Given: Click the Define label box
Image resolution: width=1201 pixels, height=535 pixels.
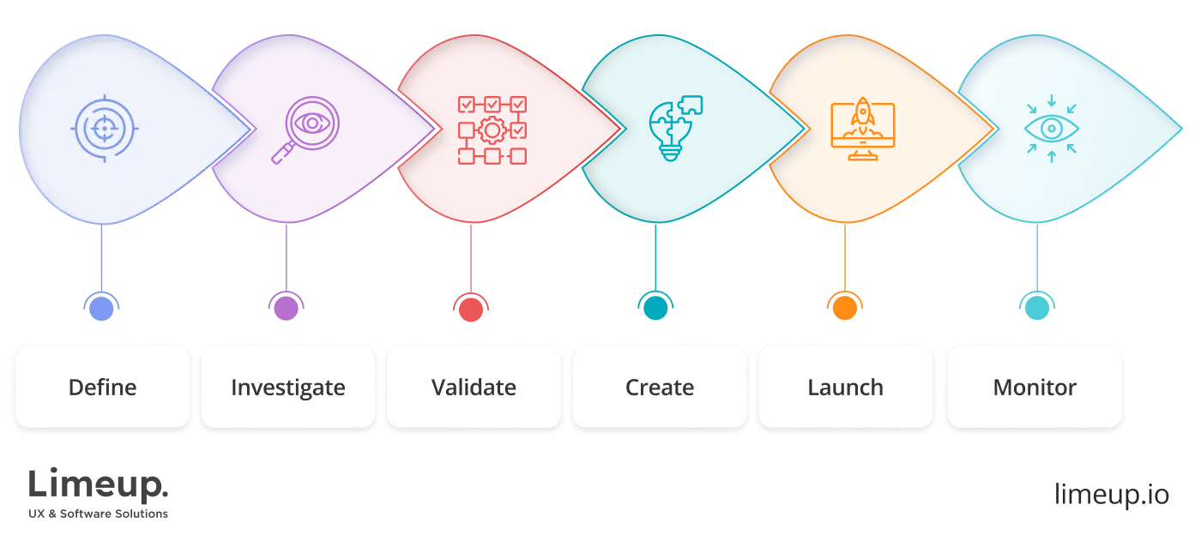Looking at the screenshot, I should (102, 387).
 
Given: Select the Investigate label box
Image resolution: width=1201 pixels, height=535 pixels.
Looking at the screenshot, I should (288, 387).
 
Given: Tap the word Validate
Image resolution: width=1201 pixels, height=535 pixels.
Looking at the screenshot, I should (474, 388).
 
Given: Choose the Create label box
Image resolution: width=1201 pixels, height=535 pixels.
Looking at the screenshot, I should (660, 387).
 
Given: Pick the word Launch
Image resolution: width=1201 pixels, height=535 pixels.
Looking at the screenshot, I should (845, 388).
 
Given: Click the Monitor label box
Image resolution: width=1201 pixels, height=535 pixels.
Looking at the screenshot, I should (1035, 387).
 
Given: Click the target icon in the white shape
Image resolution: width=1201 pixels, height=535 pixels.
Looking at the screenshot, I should (106, 129).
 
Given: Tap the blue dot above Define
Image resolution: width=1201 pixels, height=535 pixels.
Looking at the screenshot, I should (102, 305).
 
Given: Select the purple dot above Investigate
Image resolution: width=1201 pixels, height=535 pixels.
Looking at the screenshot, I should (286, 305).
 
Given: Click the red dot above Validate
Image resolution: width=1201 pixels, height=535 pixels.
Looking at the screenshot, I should (471, 305).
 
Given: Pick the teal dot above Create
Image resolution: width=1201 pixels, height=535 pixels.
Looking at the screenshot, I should (656, 305).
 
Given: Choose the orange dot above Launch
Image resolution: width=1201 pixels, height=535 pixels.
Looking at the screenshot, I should (844, 305).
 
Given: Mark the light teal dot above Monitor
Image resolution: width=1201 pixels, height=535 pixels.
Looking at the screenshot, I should (1036, 305).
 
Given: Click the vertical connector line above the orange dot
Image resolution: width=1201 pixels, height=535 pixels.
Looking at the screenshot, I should (847, 257).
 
